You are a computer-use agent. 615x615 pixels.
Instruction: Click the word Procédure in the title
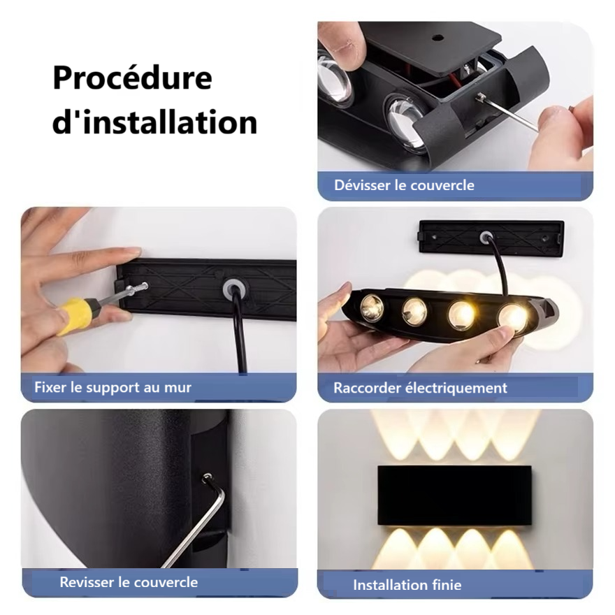pyautogui.click(x=132, y=78)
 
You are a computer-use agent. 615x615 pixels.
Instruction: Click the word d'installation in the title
pyautogui.click(x=154, y=122)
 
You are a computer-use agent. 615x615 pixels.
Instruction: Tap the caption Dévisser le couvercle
pyautogui.click(x=404, y=185)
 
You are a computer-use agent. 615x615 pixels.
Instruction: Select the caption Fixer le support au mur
pyautogui.click(x=113, y=386)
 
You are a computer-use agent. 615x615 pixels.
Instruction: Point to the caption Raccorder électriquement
pyautogui.click(x=420, y=387)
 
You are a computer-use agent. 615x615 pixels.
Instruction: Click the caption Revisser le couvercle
pyautogui.click(x=129, y=581)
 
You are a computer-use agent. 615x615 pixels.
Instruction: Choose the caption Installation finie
pyautogui.click(x=407, y=585)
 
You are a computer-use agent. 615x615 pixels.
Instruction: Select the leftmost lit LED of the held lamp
pyautogui.click(x=372, y=307)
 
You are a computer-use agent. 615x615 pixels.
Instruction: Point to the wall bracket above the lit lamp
pyautogui.click(x=491, y=238)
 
